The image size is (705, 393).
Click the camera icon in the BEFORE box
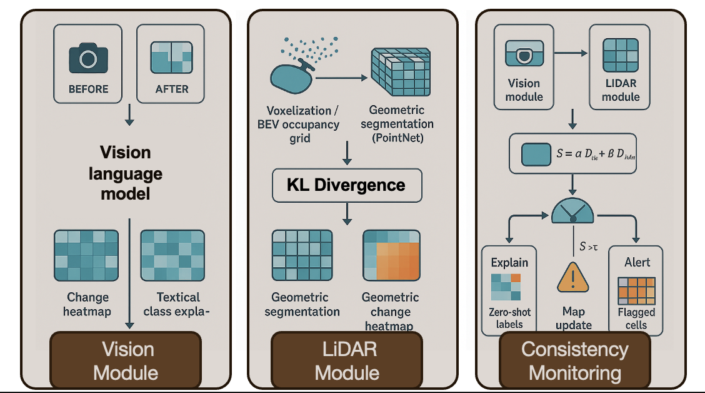88,58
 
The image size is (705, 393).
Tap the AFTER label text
172,89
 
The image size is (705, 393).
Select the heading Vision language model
126,173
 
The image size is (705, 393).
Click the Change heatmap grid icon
86,256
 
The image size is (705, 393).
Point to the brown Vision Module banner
126,360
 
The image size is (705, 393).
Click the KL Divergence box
346,185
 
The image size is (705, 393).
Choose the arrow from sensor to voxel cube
342,78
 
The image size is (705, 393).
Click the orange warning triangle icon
572,277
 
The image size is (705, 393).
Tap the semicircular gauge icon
572,210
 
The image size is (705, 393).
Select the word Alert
637,262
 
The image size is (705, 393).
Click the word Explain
509,262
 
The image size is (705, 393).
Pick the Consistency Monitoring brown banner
574,360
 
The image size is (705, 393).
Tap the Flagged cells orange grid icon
636,290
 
